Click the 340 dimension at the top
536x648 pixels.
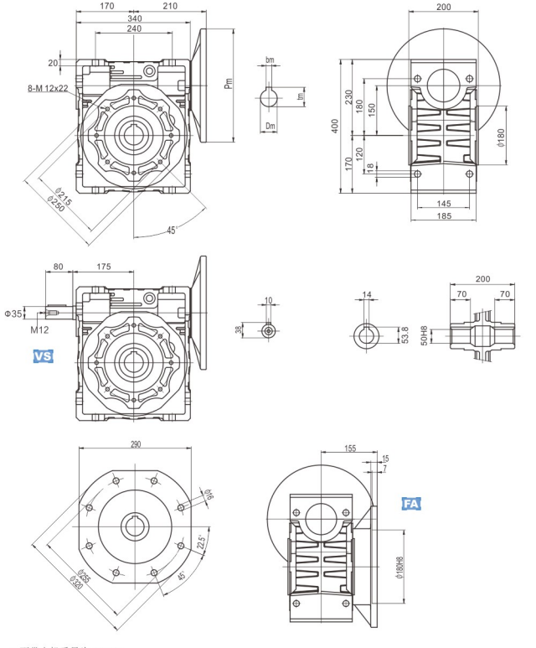tap(133, 18)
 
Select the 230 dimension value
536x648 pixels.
tap(349, 96)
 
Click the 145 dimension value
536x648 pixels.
tap(444, 203)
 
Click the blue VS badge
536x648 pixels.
tap(43, 356)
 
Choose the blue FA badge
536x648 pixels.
tap(410, 504)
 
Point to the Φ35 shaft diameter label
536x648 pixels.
tap(14, 314)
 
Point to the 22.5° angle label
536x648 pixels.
tap(200, 543)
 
